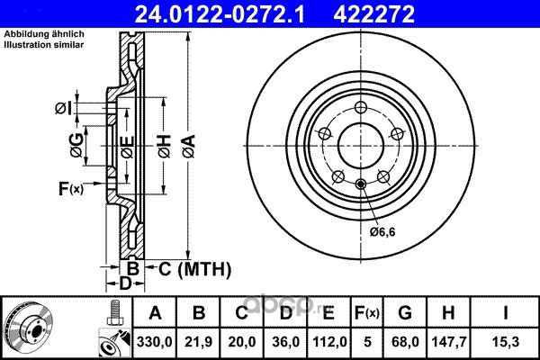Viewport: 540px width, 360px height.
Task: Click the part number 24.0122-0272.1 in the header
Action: click(220, 14)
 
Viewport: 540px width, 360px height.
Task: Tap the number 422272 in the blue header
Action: click(373, 14)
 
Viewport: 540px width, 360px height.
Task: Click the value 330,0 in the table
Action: click(154, 342)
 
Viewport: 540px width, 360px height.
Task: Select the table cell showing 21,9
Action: click(198, 342)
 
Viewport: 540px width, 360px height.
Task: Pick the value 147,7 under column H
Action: click(449, 342)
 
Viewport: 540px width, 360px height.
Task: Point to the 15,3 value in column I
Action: click(505, 342)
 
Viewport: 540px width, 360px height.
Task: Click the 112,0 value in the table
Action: click(329, 342)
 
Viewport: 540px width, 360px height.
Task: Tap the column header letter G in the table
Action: click(405, 313)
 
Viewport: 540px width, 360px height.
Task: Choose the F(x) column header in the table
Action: click(367, 313)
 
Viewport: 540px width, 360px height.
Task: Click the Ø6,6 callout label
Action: click(382, 232)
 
